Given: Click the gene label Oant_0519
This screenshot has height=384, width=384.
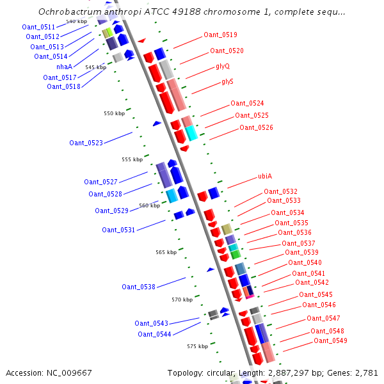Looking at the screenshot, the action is pos(220,35).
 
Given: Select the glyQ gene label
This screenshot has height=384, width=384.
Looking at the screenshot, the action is pos(223,66).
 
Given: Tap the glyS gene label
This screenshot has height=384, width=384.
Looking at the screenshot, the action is pos(227,81).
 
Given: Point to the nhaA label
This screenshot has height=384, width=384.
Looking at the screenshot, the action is pos(65,67).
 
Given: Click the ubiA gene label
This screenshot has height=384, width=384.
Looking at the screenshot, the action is pos(265,176).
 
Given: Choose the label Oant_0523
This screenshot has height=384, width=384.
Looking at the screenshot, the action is pos(86,143).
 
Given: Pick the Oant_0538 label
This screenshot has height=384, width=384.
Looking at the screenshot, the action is pos(139,287).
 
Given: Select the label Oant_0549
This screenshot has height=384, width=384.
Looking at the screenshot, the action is pos(331,340).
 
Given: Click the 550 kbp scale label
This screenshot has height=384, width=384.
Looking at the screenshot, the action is pos(115,113).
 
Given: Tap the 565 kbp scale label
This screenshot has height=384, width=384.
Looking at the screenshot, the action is pos(166,252).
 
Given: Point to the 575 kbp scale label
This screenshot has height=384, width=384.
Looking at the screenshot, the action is pos(198,346).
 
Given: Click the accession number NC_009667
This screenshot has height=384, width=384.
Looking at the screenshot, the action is pos(69,372).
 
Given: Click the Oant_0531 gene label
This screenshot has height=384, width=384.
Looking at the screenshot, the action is pos(118,230).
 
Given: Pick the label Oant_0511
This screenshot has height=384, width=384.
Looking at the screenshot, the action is pos(38,27).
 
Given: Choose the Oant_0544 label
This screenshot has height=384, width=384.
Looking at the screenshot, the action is pos(154,334).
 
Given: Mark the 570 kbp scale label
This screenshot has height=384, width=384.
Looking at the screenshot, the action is pos(182,300).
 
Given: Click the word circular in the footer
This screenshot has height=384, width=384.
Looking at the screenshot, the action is pos(221,372).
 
